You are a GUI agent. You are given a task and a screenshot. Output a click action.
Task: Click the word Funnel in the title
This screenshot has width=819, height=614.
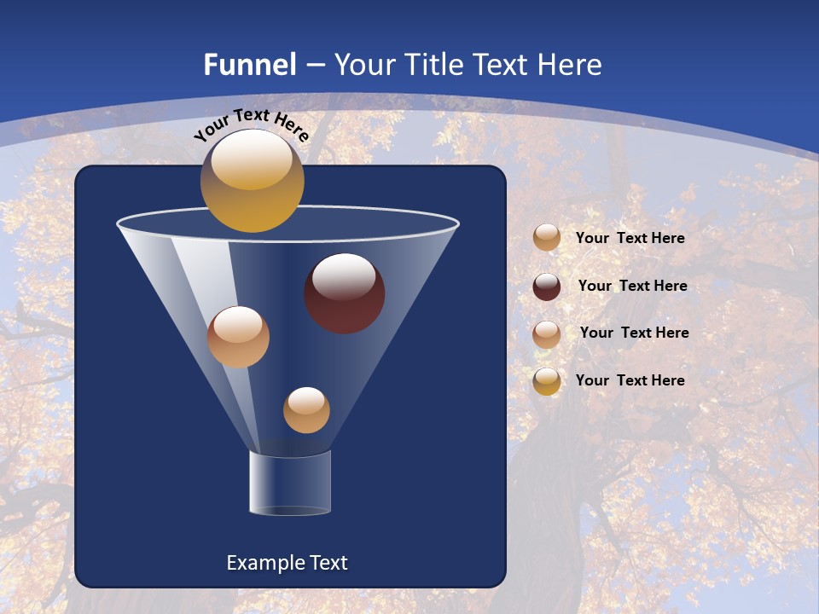249,65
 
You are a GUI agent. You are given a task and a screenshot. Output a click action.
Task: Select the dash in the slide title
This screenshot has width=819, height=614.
315,66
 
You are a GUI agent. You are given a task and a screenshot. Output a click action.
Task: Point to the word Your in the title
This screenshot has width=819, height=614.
363,65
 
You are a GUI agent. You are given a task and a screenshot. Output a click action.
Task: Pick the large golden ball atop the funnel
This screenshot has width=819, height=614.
252,181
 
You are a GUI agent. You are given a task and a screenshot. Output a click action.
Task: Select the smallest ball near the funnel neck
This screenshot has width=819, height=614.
306,410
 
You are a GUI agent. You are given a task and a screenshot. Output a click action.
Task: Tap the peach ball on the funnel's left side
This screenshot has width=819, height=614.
238,337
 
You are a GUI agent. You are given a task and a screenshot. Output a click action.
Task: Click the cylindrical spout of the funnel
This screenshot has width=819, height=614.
290,484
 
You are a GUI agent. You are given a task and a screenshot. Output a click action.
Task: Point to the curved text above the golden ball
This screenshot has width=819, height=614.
251,124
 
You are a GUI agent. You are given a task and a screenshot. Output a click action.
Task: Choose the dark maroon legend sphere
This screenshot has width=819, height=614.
547,287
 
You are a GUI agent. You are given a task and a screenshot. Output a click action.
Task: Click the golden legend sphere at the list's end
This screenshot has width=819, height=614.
547,381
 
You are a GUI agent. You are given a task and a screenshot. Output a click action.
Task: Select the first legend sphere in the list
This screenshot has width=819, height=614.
547,238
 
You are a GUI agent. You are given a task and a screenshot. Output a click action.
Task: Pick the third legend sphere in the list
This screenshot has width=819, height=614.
547,333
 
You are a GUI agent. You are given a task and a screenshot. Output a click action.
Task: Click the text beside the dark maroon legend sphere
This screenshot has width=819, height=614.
632,286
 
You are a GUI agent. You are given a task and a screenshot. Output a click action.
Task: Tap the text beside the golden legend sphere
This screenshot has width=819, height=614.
630,380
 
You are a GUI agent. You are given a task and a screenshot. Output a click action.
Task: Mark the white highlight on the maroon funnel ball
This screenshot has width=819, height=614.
344,275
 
